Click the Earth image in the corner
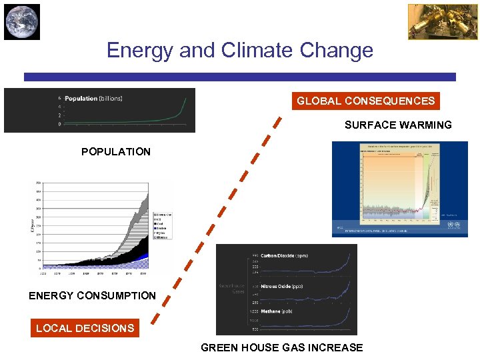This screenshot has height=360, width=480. tap(22, 21)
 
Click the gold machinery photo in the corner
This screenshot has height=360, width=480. tap(433, 21)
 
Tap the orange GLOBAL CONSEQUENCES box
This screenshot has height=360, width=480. tap(365, 101)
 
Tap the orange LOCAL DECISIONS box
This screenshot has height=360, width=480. tap(85, 328)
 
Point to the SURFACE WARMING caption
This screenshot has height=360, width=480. tap(398, 125)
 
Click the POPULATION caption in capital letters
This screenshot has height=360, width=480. tap(116, 152)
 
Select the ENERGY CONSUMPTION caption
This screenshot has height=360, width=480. tap(92, 295)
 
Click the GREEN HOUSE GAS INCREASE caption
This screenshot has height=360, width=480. tap(282, 347)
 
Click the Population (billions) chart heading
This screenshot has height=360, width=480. tap(93, 99)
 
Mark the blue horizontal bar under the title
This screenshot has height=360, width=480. tap(240, 77)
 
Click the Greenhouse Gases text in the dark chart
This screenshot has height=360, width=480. tap(234, 289)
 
